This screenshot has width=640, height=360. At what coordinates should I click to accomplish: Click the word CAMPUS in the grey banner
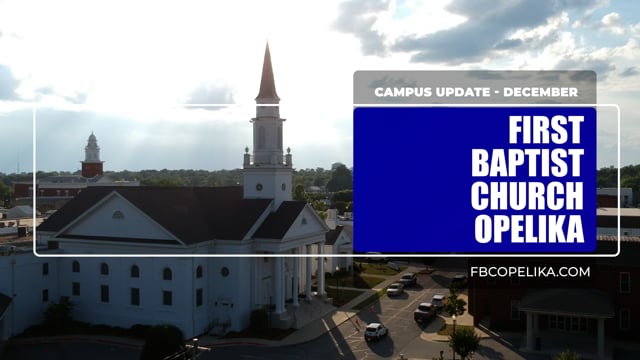point(405,92)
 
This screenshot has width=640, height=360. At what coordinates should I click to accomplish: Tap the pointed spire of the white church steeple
point(267,75)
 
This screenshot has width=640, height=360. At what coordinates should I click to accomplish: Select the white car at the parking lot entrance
point(375,331)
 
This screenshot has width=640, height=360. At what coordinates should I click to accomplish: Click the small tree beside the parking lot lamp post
point(463,341)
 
